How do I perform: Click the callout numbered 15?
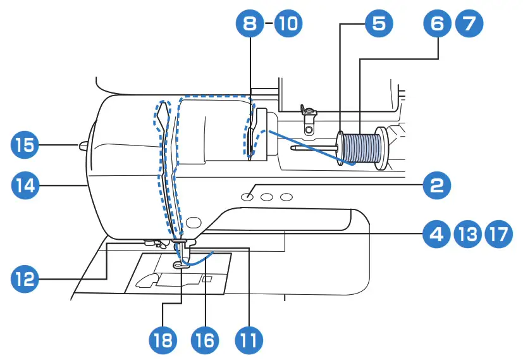[x=25, y=146]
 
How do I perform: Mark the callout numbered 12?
[x=25, y=277]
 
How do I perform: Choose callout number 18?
[x=163, y=340]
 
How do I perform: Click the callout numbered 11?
[x=247, y=340]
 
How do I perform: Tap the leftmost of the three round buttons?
[x=247, y=197]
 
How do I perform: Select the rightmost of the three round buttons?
[x=287, y=197]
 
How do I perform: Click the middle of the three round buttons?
[x=267, y=197]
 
